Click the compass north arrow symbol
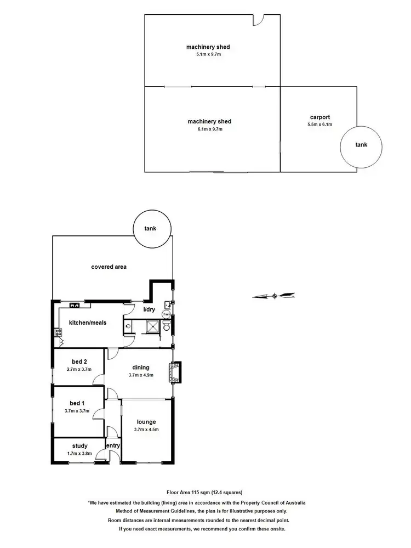point(274,296)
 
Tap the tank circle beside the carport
point(360,145)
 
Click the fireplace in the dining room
point(176,372)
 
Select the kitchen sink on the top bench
point(75,305)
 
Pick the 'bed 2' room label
point(79,361)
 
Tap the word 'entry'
point(113,445)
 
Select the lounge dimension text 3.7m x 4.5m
point(146,430)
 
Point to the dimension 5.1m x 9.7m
point(208,55)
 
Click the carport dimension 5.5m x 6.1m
point(319,125)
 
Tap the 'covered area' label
point(109,267)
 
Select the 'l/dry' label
point(150,310)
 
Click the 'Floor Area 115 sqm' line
point(204,492)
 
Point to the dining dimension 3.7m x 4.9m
point(141,375)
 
